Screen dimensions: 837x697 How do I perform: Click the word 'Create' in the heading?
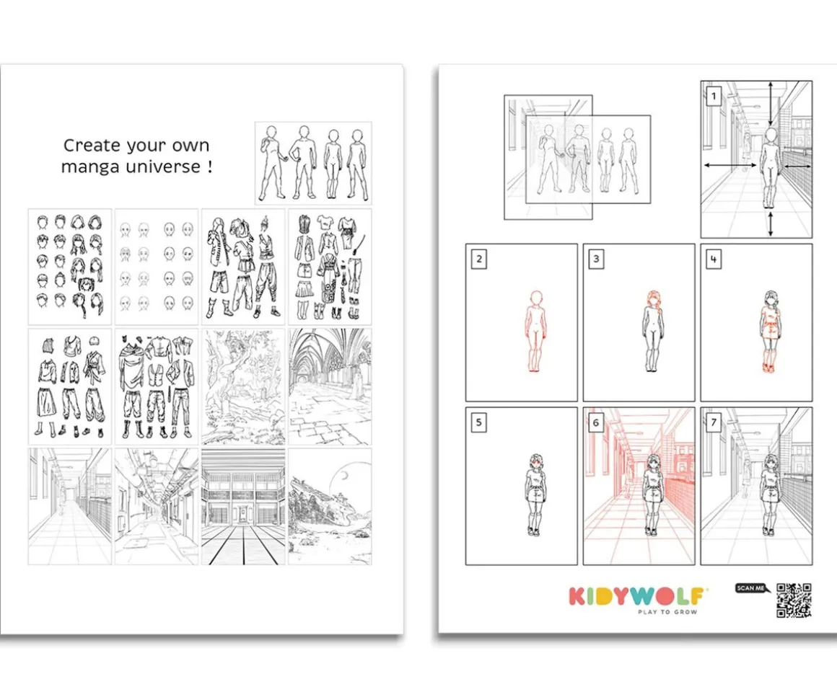[x=91, y=145]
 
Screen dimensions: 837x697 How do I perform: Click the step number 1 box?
[x=714, y=97]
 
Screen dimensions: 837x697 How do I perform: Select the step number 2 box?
[x=479, y=259]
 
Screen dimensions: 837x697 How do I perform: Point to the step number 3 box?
[x=596, y=259]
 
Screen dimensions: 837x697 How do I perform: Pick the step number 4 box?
[x=714, y=259]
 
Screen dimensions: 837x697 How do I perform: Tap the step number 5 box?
[x=479, y=423]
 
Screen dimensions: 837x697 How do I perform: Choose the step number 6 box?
[x=596, y=423]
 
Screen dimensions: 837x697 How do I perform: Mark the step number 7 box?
[x=714, y=423]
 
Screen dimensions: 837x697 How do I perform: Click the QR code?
[x=794, y=600]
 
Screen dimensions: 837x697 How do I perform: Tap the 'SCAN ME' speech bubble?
[x=752, y=588]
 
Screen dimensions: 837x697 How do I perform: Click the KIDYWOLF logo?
[x=637, y=596]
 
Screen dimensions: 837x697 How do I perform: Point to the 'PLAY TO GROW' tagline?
[x=667, y=612]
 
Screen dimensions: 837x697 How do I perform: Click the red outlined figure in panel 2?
[x=535, y=331]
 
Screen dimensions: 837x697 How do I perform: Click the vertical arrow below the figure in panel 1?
[x=770, y=223]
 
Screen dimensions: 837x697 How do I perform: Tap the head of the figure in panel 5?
[x=536, y=462]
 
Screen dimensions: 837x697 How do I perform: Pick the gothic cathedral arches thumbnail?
[x=330, y=386]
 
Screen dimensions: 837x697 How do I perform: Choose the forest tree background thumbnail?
[x=243, y=386]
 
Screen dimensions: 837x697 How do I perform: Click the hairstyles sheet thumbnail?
[x=70, y=267]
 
